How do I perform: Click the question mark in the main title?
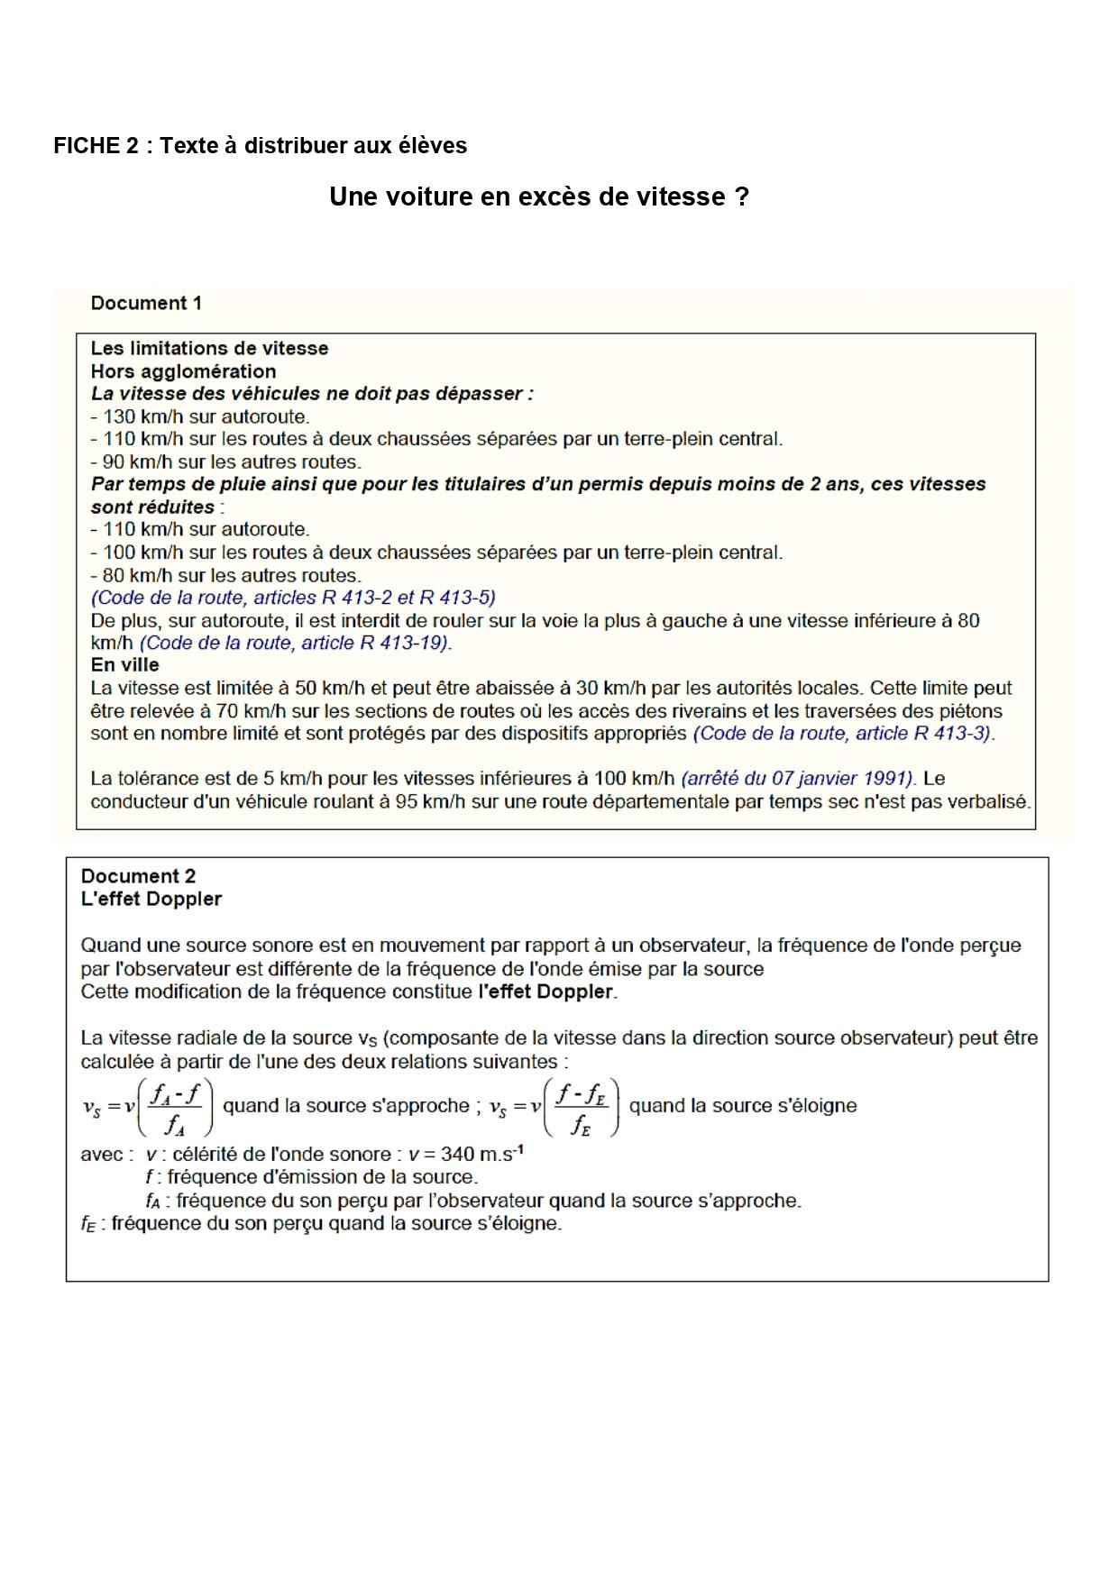click(742, 197)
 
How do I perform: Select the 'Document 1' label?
click(146, 303)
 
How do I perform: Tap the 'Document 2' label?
click(138, 876)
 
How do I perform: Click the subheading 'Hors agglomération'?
click(183, 371)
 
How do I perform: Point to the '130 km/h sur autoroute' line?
click(200, 416)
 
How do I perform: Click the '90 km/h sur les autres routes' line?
click(226, 462)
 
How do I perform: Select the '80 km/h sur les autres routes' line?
click(226, 575)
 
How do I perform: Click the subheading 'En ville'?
click(124, 665)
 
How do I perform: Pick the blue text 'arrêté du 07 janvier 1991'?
click(798, 779)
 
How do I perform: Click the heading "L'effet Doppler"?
click(151, 899)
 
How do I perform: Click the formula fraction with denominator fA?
click(175, 1107)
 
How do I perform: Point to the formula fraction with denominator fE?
click(582, 1107)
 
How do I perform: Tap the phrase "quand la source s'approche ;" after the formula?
click(352, 1106)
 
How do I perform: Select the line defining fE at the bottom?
click(321, 1224)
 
